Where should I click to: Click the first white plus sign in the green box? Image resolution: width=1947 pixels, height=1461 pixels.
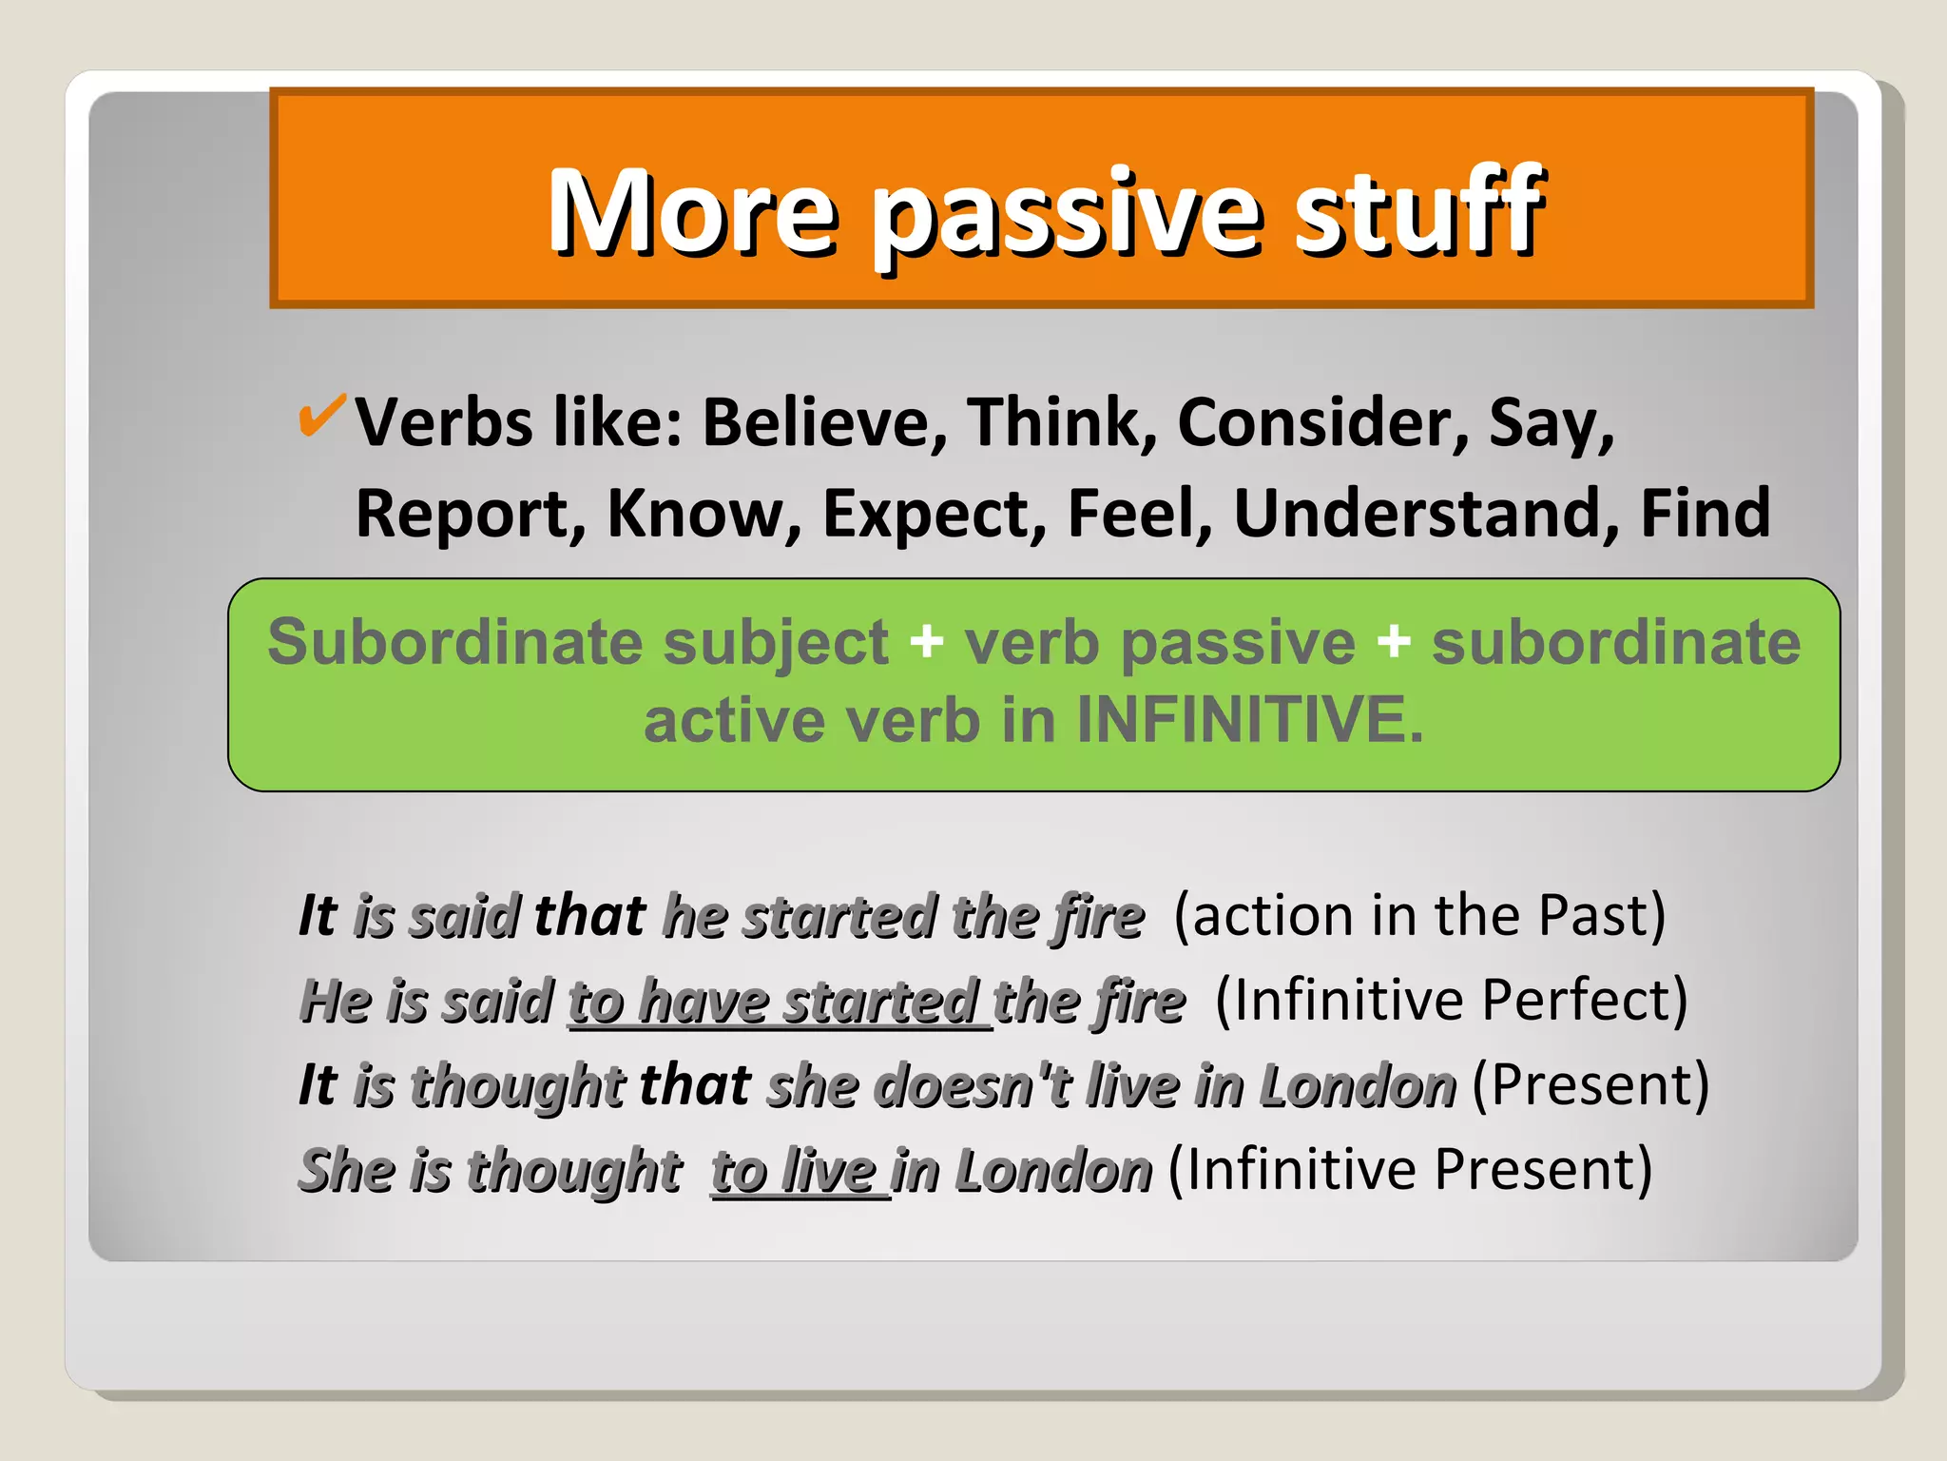click(x=926, y=642)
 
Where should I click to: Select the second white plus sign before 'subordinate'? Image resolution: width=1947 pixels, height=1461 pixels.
click(x=1393, y=642)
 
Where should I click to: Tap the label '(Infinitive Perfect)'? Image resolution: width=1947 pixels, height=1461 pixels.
click(x=1451, y=1001)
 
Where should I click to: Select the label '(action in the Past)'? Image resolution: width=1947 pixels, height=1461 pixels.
click(x=1419, y=916)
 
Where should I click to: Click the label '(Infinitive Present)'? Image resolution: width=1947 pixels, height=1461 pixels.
click(x=1410, y=1170)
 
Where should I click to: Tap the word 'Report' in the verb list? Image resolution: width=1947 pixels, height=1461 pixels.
click(x=470, y=514)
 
